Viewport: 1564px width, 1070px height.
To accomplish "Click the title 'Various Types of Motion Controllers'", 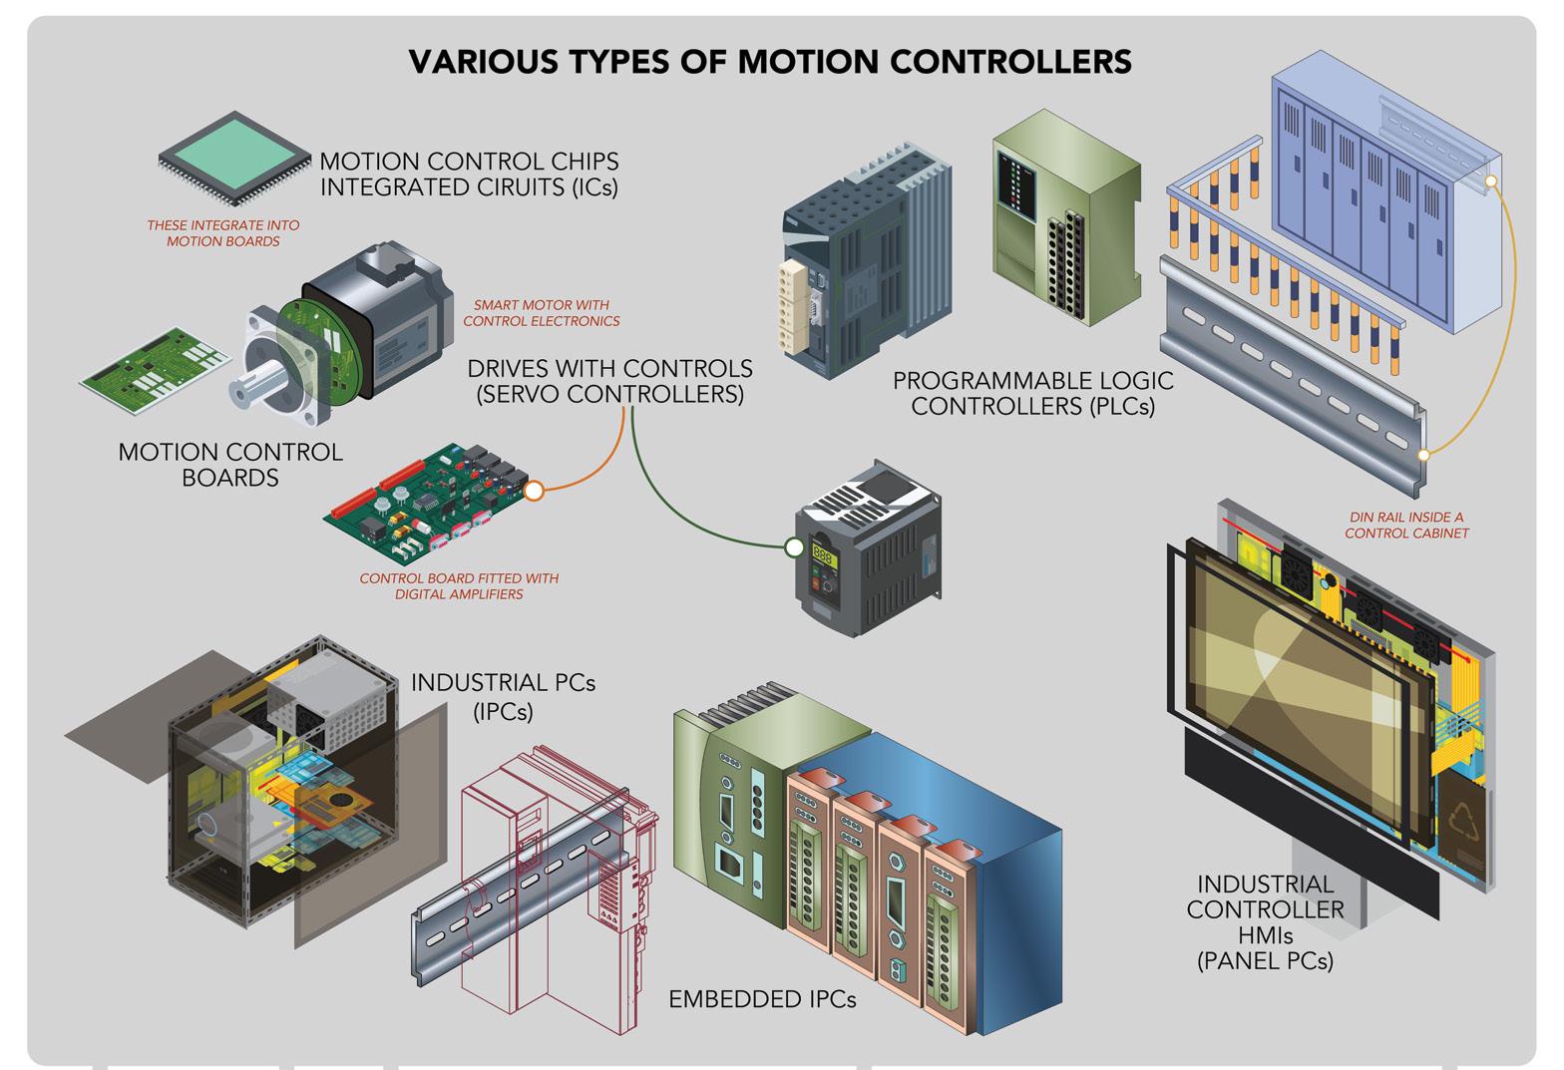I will [x=770, y=62].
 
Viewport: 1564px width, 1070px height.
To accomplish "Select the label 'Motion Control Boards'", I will [x=230, y=465].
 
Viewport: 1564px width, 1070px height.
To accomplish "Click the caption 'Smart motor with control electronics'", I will [x=541, y=313].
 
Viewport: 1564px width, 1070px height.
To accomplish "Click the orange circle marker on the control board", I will [x=534, y=490].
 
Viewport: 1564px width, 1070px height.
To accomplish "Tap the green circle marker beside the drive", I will [x=794, y=546].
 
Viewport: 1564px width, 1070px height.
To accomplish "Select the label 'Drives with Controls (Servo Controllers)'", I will [x=610, y=381].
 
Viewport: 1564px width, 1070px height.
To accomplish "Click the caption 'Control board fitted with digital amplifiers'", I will [x=459, y=586].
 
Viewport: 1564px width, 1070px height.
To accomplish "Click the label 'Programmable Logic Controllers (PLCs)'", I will [x=1032, y=393].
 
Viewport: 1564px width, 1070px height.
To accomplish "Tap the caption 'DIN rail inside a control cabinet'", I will [x=1406, y=526].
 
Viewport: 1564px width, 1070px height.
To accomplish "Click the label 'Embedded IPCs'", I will [x=762, y=998].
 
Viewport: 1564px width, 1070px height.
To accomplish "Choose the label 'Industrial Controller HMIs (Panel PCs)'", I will [x=1265, y=921].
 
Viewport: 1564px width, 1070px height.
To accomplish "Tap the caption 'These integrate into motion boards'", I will [x=223, y=233].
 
